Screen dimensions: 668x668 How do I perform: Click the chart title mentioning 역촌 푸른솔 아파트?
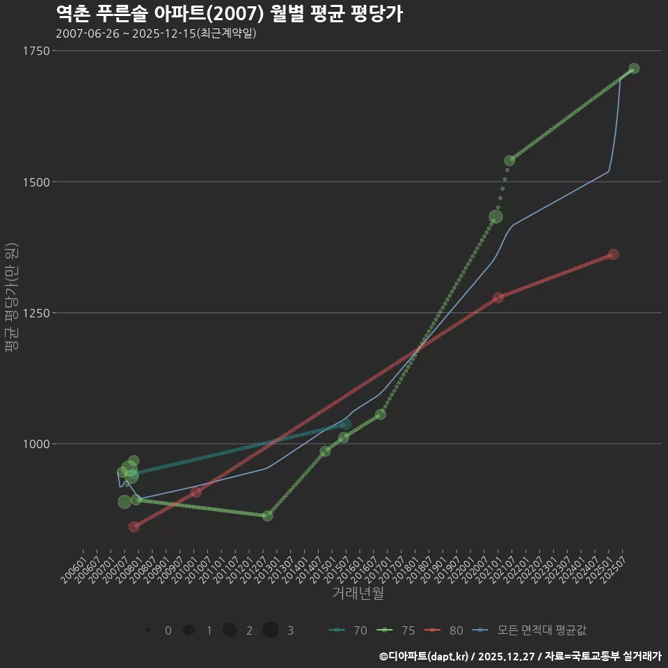click(229, 14)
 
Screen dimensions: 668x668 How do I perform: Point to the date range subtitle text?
click(156, 33)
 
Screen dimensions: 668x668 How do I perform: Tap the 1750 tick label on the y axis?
click(35, 51)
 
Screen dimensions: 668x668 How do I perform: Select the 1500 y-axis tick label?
click(35, 182)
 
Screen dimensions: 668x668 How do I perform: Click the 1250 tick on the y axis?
click(35, 313)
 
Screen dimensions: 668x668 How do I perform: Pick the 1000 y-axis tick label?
click(35, 444)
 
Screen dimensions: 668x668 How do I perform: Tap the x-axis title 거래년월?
click(358, 594)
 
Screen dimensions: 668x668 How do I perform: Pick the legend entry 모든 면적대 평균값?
click(532, 630)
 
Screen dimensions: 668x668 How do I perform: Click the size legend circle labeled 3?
click(271, 630)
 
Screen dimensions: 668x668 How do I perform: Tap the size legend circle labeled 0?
click(148, 630)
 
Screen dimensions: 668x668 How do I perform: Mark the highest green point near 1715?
click(634, 69)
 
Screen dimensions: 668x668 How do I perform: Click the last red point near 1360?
click(613, 255)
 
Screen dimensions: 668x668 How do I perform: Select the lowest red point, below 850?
click(134, 527)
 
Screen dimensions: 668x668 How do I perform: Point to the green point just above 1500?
click(509, 161)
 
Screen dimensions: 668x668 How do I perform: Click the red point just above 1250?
click(498, 298)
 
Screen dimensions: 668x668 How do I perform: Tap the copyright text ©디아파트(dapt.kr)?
click(427, 656)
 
